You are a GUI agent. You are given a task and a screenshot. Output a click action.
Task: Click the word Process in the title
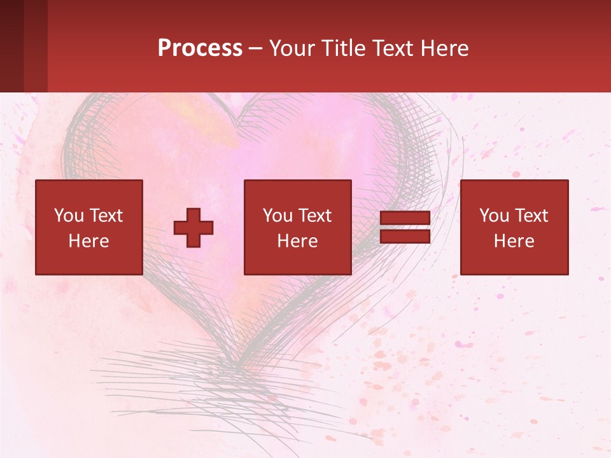pyautogui.click(x=200, y=48)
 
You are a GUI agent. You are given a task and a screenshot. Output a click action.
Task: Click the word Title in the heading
pyautogui.click(x=344, y=48)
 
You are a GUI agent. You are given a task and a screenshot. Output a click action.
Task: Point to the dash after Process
pyautogui.click(x=256, y=48)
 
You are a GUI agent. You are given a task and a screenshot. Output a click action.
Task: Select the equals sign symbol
pyautogui.click(x=405, y=227)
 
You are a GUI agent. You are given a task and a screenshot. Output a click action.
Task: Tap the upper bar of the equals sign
pyautogui.click(x=405, y=218)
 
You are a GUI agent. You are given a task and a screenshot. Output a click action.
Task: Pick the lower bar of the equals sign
pyautogui.click(x=405, y=237)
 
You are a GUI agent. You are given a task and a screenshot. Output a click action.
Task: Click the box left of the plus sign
pyautogui.click(x=89, y=227)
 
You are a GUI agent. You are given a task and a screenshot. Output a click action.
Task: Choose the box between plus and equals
pyautogui.click(x=297, y=227)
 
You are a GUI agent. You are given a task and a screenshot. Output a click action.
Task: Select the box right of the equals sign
pyautogui.click(x=514, y=227)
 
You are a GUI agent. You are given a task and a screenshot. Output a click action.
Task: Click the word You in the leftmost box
pyautogui.click(x=69, y=216)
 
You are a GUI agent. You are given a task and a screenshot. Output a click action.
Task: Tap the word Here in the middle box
pyautogui.click(x=297, y=241)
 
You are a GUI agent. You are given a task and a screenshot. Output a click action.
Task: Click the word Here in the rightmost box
pyautogui.click(x=514, y=241)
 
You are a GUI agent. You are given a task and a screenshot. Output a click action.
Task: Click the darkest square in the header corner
pyautogui.click(x=11, y=46)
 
